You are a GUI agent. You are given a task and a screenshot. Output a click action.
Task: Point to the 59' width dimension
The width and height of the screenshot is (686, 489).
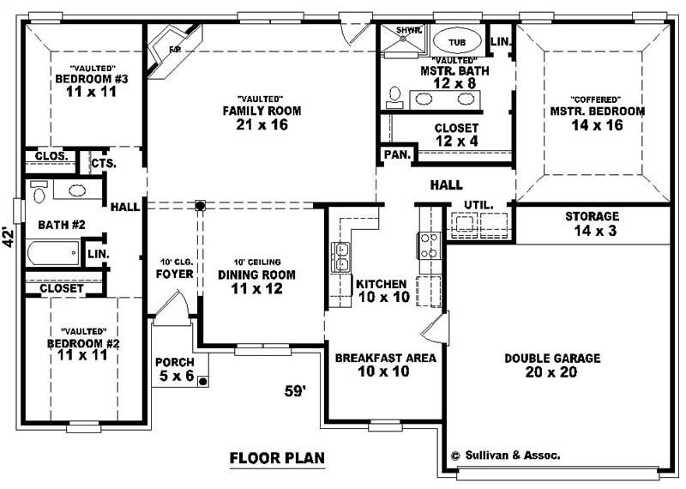295,391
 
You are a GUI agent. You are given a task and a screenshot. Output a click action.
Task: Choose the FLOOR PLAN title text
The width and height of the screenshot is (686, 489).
277,458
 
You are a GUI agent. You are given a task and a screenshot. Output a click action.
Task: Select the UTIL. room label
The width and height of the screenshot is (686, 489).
477,204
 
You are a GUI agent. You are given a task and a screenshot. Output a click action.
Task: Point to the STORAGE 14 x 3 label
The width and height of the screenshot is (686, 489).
592,224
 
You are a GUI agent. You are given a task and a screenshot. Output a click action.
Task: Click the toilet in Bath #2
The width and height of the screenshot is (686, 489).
38,193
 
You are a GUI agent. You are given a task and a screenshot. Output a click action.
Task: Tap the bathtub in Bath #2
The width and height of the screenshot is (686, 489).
51,254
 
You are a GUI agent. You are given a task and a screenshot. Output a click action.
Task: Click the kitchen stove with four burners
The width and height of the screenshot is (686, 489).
428,245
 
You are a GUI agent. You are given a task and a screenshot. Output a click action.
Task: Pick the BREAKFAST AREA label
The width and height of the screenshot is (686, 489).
385,365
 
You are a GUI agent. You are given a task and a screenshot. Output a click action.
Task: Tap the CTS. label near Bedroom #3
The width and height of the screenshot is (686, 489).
103,162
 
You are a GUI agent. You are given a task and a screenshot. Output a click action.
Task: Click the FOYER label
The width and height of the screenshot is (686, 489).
173,275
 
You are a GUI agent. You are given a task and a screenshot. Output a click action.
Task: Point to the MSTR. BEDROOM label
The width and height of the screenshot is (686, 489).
598,118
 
